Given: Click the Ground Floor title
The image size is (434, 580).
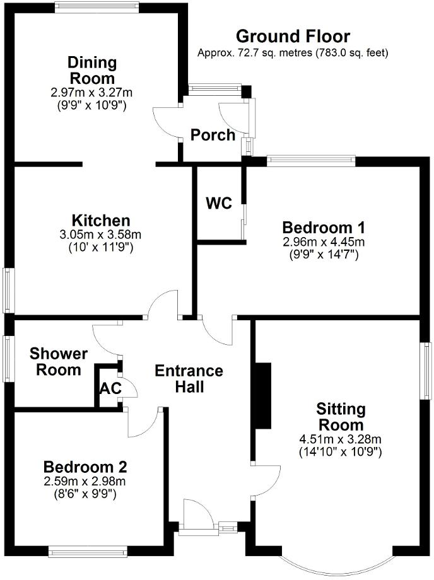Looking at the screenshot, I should [x=293, y=36].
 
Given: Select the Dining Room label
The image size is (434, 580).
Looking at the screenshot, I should [x=92, y=71].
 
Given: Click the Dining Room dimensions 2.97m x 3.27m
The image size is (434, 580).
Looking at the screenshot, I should [x=92, y=93].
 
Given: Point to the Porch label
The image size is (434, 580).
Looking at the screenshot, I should [x=213, y=135].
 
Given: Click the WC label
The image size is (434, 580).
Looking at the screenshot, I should [x=219, y=204].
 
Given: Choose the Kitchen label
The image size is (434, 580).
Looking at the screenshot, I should [x=101, y=221].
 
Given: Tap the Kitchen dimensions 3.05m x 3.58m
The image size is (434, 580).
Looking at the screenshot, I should [x=101, y=235].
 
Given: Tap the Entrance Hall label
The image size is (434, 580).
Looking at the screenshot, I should [x=189, y=378].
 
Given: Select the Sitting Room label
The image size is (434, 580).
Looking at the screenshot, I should [x=341, y=417].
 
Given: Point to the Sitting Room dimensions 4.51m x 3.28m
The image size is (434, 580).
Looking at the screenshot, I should [x=341, y=439].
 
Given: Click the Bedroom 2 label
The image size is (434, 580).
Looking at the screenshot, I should [x=85, y=467].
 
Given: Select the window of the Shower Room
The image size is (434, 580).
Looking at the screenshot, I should [x=9, y=358].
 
